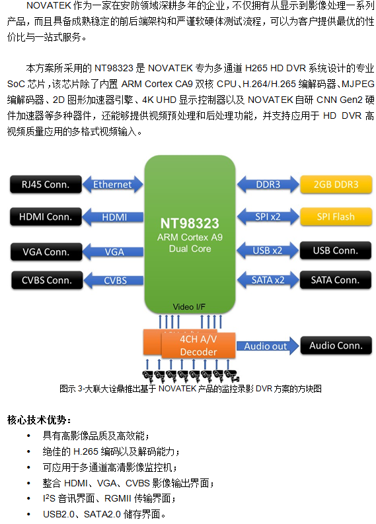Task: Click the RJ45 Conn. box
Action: coord(46,184)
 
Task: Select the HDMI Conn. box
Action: coord(46,216)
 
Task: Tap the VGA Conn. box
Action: coord(46,251)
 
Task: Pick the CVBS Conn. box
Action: coord(46,280)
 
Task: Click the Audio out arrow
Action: coord(266,346)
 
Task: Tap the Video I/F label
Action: coord(189,307)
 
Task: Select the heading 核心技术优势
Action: coord(39,419)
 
